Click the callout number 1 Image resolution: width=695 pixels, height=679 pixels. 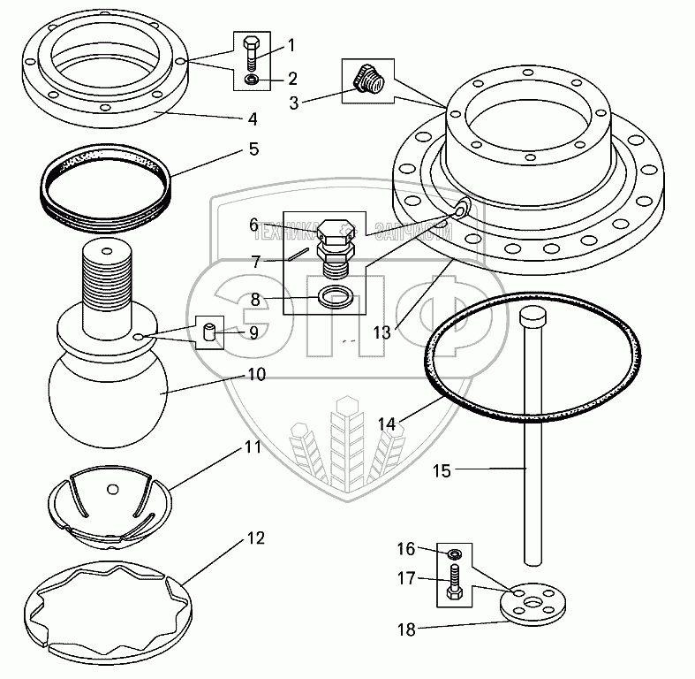(291, 43)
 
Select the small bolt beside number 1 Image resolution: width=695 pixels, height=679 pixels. (252, 54)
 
